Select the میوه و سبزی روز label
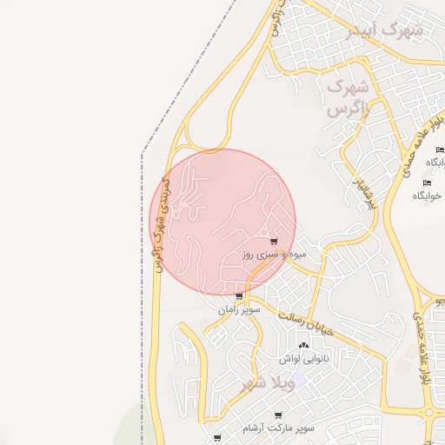click(x=274, y=256)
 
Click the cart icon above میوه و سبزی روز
click(x=274, y=242)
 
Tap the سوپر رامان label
click(x=239, y=309)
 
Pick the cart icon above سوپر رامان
click(x=239, y=296)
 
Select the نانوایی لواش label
click(x=302, y=358)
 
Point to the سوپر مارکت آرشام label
click(x=279, y=428)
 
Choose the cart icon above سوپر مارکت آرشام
click(x=278, y=415)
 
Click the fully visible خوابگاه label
click(x=428, y=196)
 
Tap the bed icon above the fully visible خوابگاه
click(x=426, y=182)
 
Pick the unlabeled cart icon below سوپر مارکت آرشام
click(x=216, y=437)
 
